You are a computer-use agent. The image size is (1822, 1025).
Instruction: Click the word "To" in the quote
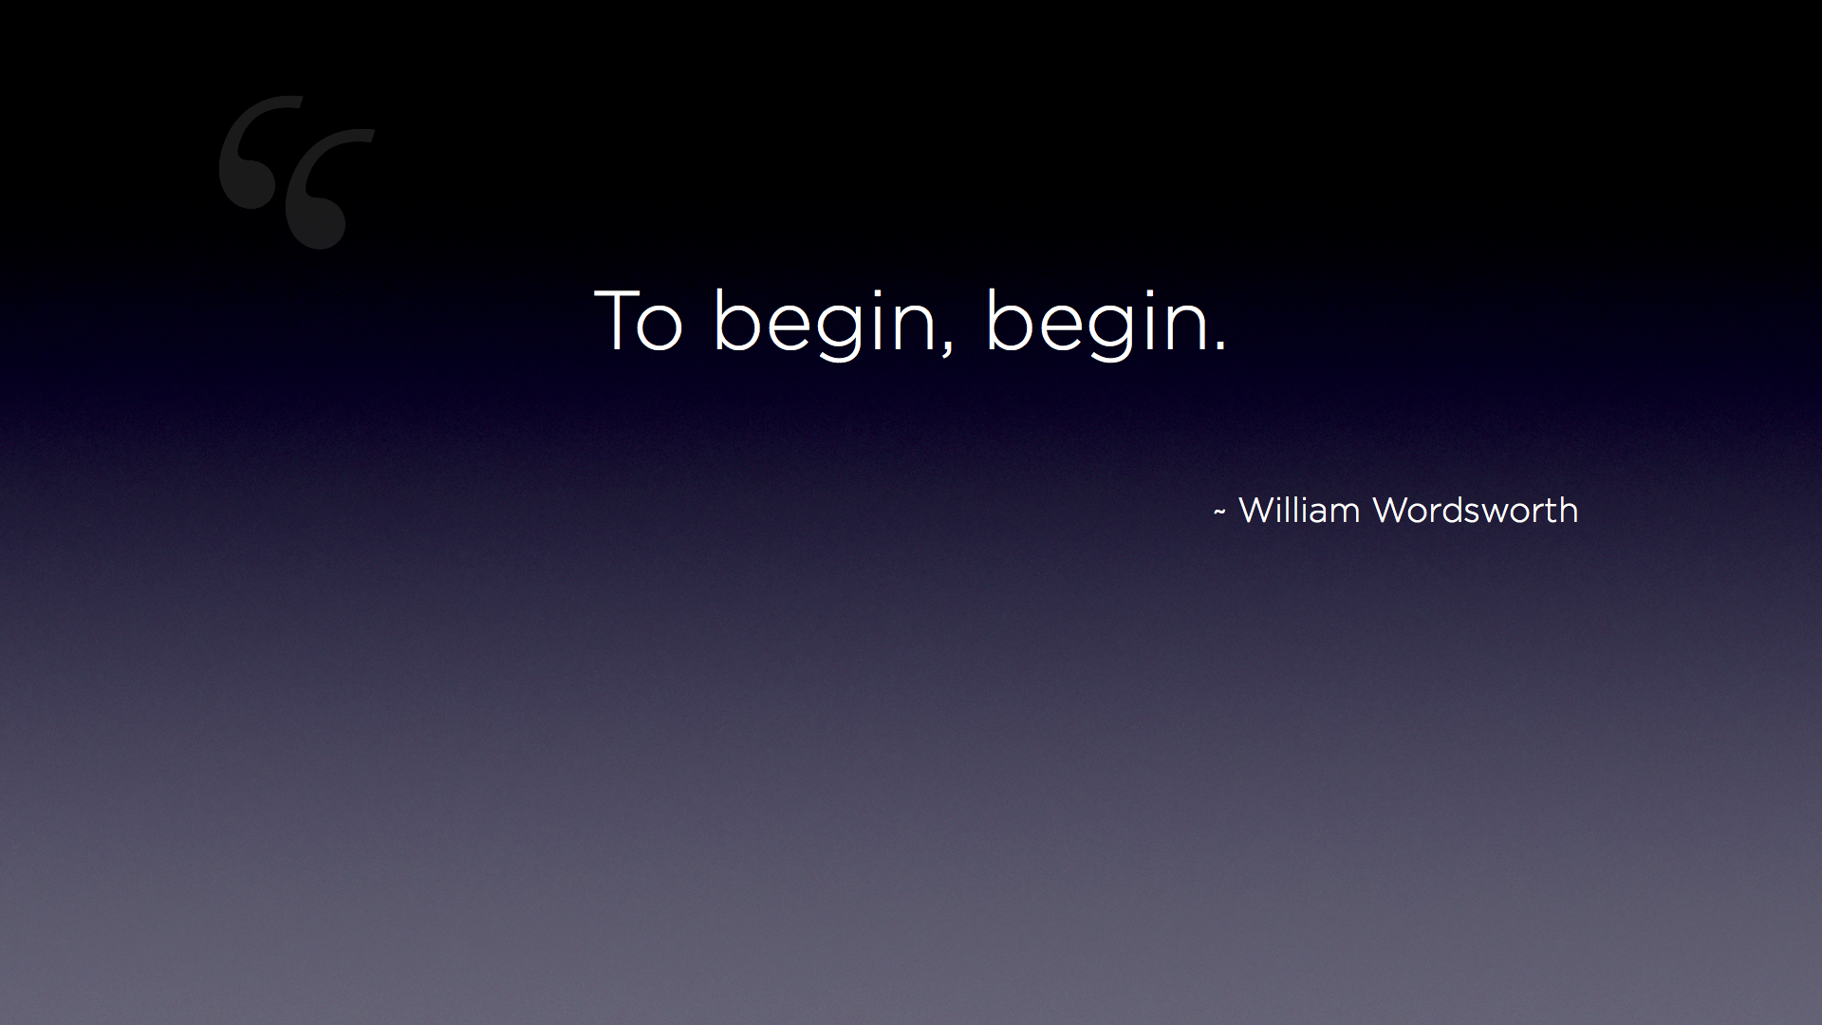(639, 320)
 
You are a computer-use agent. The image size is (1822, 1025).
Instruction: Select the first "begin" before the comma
(825, 323)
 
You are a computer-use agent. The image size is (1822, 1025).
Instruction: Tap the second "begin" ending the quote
(1098, 323)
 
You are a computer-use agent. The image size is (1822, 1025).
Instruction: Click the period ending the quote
(1220, 346)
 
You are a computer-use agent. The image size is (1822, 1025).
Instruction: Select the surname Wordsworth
(1476, 510)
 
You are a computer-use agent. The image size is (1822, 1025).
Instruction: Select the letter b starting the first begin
(738, 320)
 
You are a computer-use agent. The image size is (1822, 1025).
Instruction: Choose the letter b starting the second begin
(1012, 320)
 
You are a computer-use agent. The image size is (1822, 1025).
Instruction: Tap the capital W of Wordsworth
(1392, 510)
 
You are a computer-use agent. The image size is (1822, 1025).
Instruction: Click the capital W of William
(1258, 510)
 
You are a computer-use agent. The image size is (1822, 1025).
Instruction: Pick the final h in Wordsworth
(1569, 509)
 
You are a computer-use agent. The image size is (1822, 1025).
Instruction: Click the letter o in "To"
(660, 328)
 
